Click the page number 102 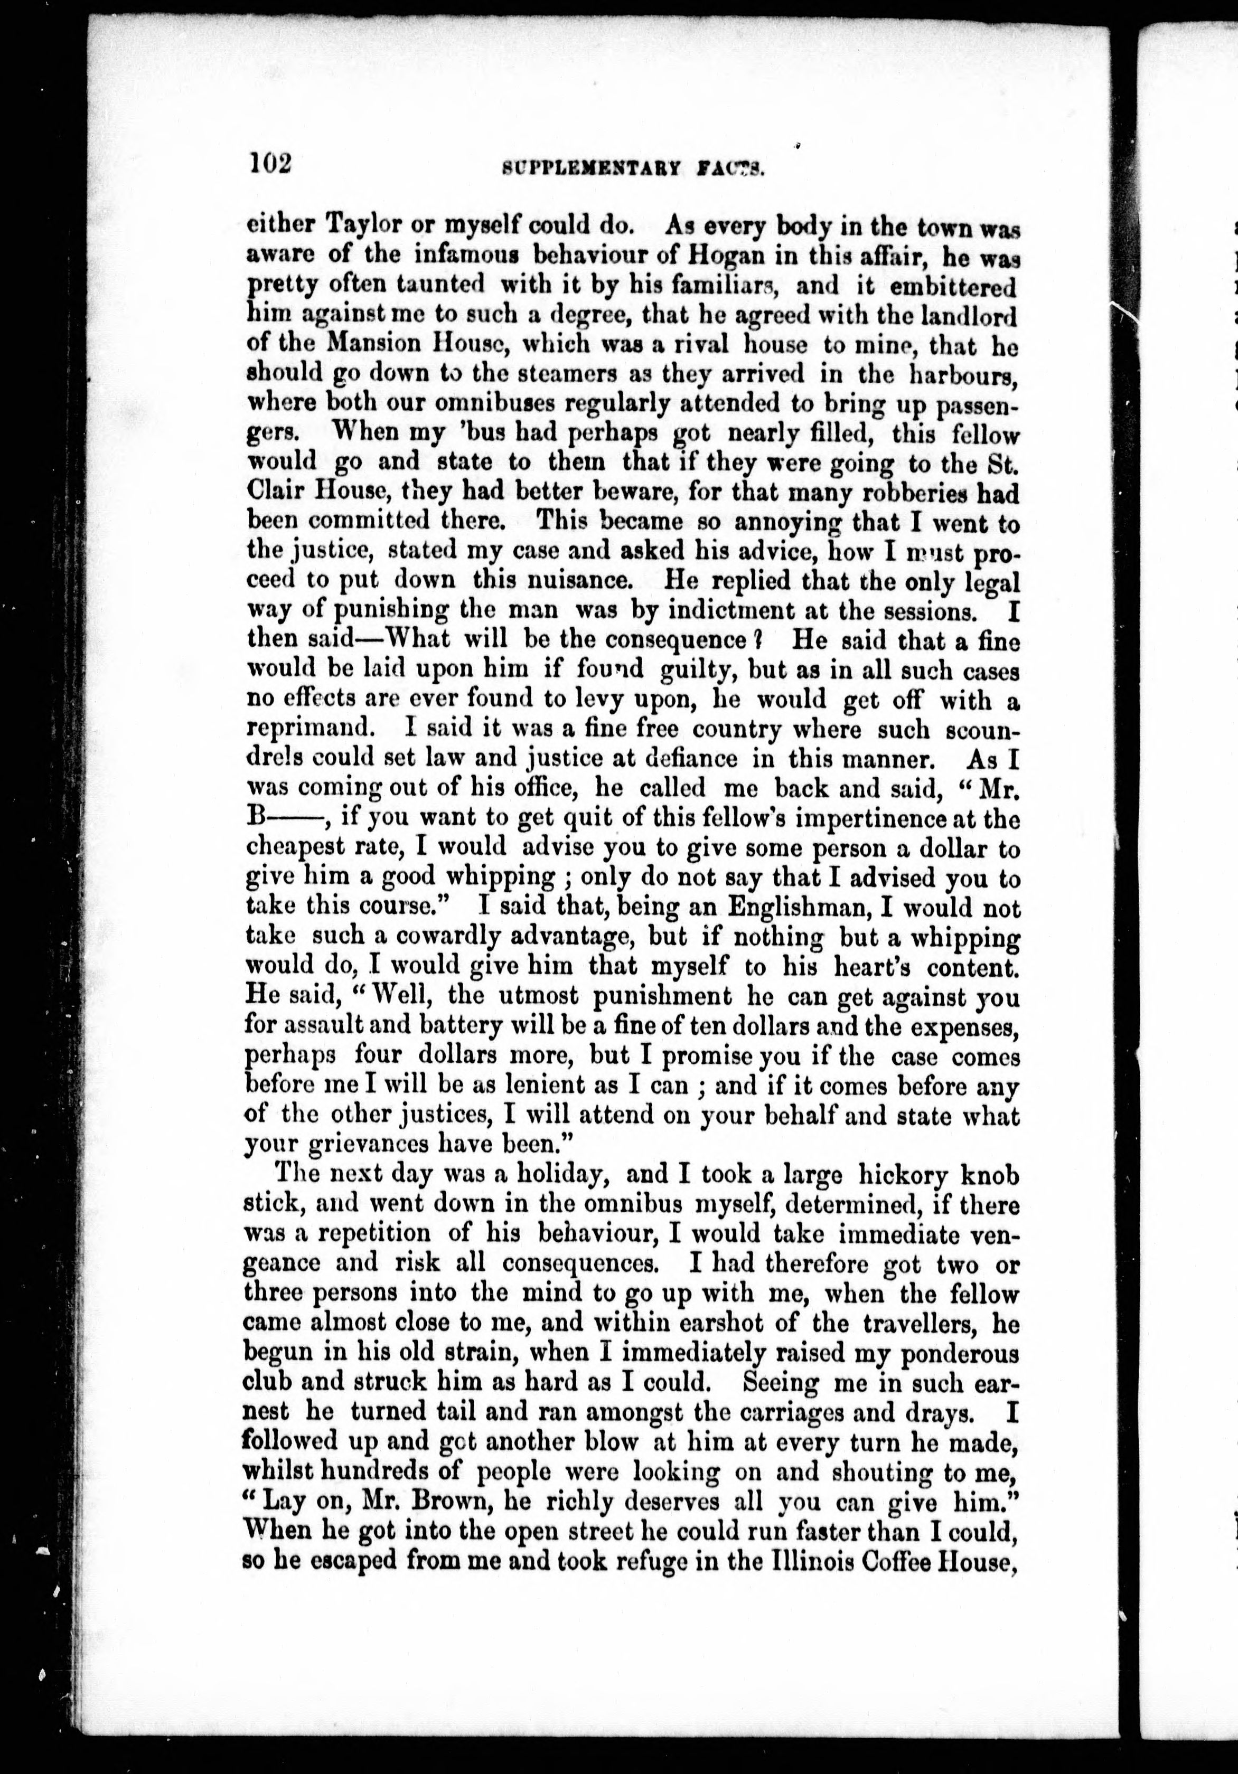pyautogui.click(x=269, y=165)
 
